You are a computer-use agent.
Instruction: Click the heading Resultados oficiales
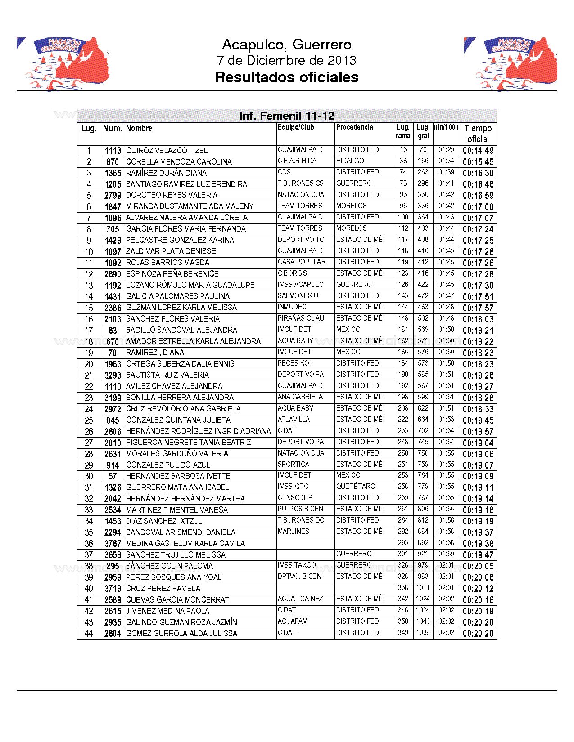(x=287, y=77)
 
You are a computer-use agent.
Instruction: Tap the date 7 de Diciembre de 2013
(x=287, y=60)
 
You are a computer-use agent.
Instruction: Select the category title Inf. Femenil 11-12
(x=287, y=116)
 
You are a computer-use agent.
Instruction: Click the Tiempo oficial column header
(x=478, y=134)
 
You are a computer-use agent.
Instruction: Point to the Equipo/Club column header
(x=296, y=127)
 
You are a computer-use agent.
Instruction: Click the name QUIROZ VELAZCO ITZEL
(x=167, y=151)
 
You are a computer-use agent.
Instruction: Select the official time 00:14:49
(x=478, y=151)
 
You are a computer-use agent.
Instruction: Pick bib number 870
(x=113, y=162)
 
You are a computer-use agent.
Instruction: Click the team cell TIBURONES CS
(x=300, y=183)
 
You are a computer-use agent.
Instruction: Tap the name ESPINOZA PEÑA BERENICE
(x=172, y=274)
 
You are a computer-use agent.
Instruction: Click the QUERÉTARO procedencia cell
(x=355, y=487)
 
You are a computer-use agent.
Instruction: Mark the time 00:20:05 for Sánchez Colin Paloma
(x=478, y=566)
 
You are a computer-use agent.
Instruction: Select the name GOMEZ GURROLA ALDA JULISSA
(x=181, y=634)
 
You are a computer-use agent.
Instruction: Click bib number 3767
(x=113, y=544)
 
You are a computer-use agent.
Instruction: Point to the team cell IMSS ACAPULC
(x=300, y=285)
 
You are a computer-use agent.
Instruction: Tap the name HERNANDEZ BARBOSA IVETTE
(x=178, y=476)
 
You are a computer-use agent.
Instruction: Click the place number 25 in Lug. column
(x=89, y=420)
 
